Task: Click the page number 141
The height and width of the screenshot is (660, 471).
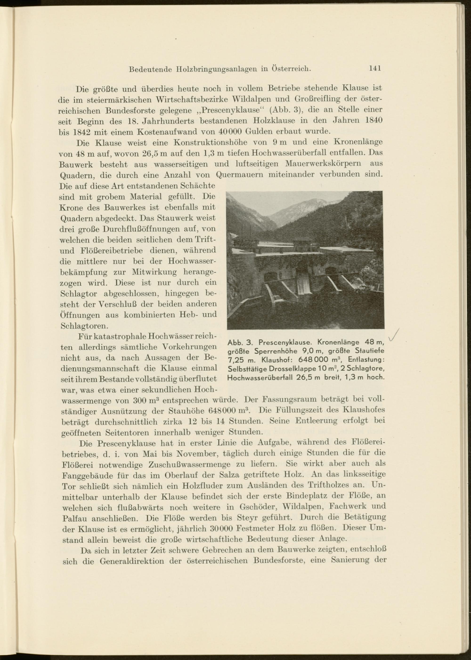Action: pyautogui.click(x=375, y=69)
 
